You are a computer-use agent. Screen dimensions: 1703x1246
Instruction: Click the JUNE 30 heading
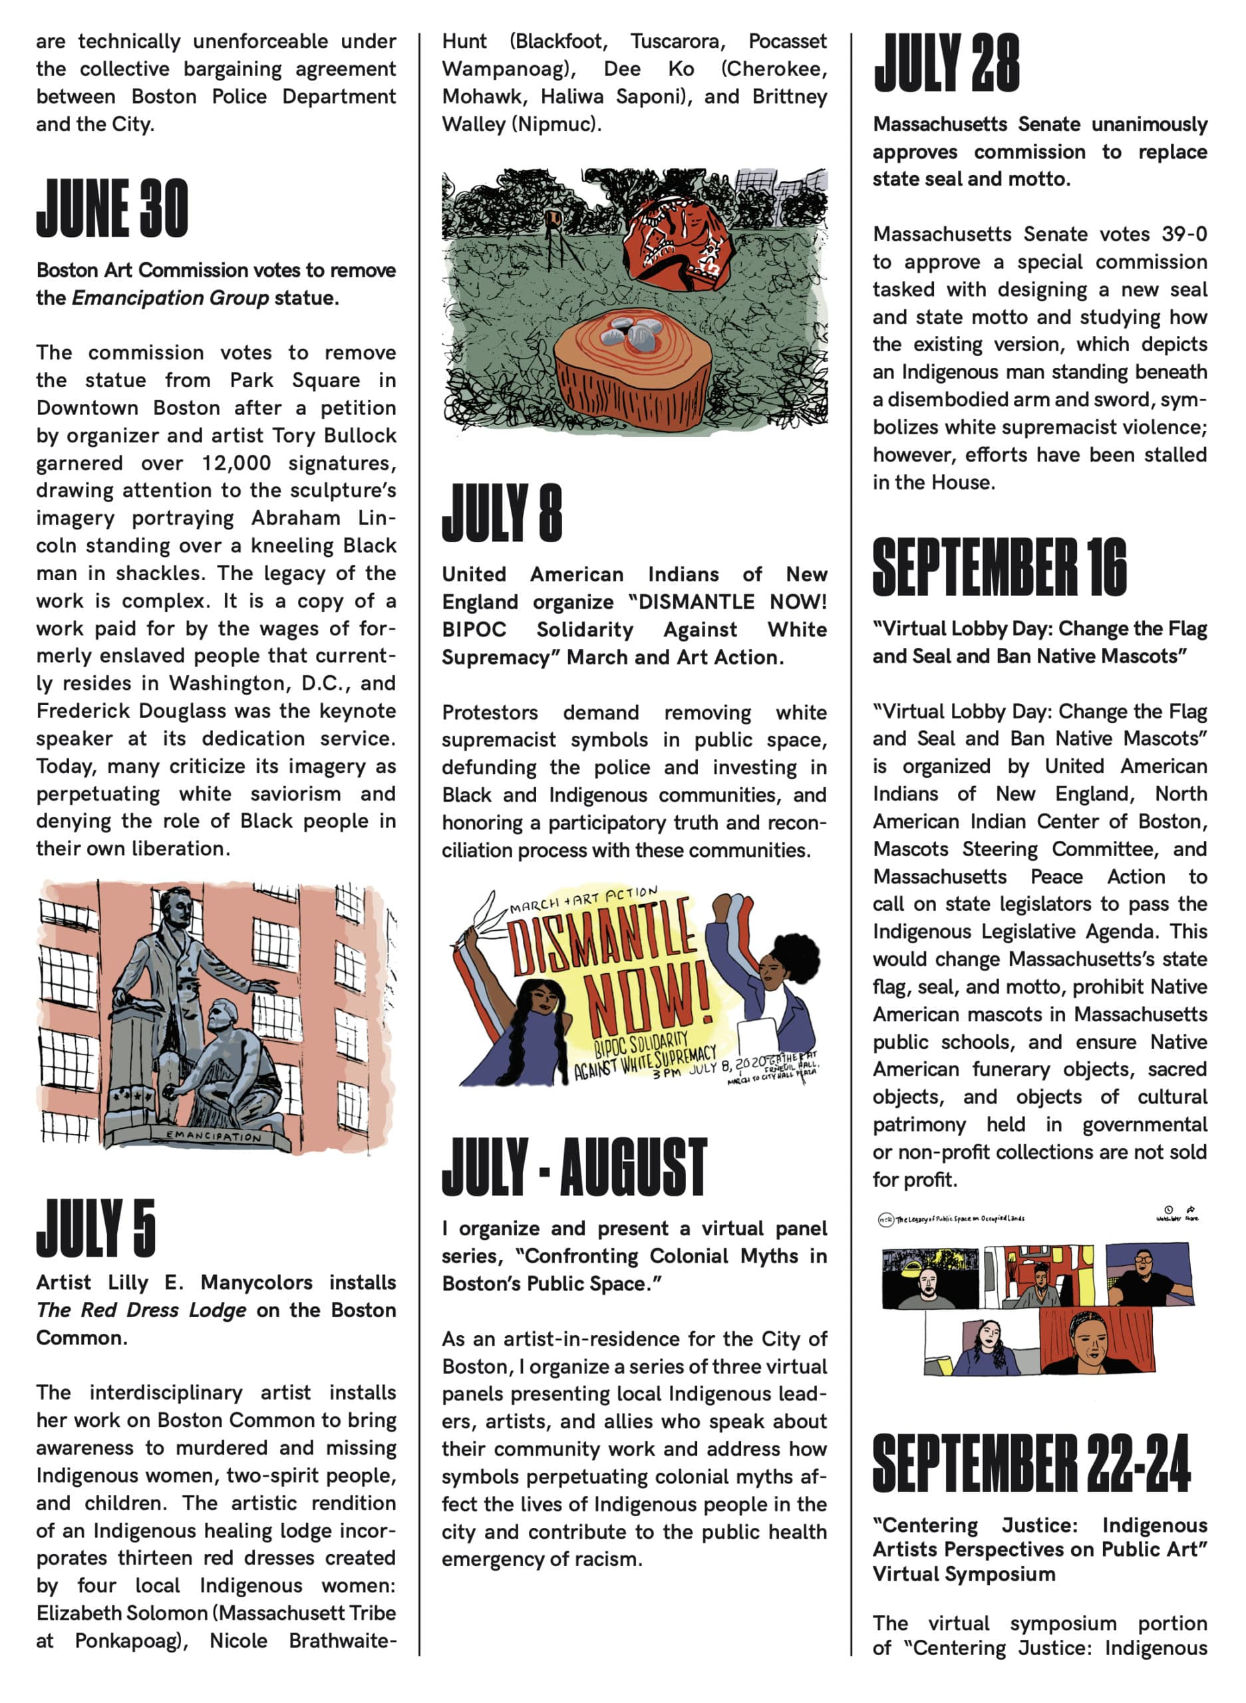[112, 209]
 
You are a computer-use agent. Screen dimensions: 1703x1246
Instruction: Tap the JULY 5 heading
[96, 1227]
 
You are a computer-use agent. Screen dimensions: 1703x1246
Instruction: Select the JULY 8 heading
[502, 514]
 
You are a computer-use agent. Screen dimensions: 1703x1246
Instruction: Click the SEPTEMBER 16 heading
[999, 567]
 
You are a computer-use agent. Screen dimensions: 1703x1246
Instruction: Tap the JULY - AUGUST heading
[574, 1167]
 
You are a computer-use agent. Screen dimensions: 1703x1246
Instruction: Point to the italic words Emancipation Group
[170, 298]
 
